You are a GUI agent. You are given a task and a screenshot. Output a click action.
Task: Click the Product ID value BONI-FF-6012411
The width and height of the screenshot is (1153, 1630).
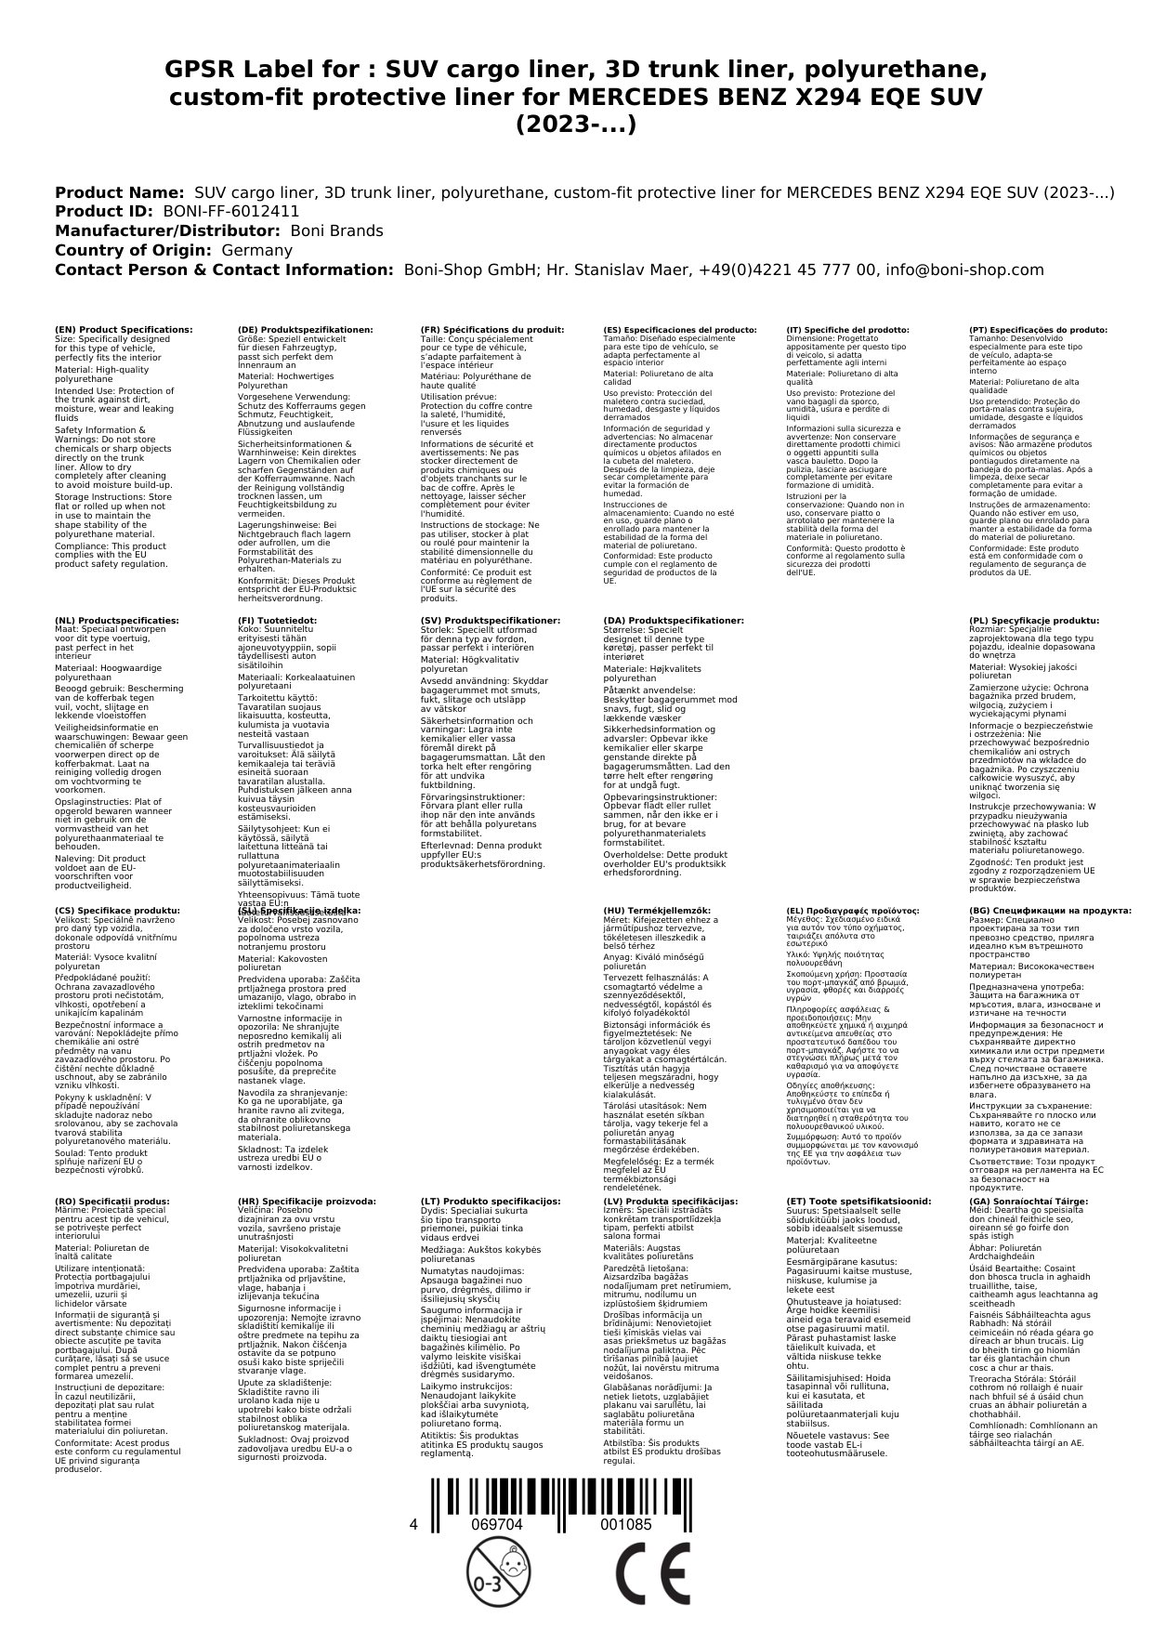click(x=231, y=211)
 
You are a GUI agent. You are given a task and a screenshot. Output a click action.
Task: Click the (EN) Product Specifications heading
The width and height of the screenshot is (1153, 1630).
click(x=124, y=330)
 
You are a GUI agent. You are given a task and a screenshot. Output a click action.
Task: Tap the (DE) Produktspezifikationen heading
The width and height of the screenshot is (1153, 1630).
click(x=306, y=330)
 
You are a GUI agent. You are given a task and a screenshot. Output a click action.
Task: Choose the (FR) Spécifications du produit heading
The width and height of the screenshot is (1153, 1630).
click(x=491, y=330)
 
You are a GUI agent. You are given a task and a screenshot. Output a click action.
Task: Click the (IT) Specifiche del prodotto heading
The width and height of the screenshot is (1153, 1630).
click(x=847, y=330)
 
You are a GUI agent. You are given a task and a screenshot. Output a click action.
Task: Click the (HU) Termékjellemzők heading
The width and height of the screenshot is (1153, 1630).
click(x=657, y=911)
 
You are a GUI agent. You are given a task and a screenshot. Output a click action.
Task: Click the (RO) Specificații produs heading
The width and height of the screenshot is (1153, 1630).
click(x=111, y=1201)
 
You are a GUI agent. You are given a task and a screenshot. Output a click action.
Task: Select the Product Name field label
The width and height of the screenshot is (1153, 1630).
click(x=119, y=192)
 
